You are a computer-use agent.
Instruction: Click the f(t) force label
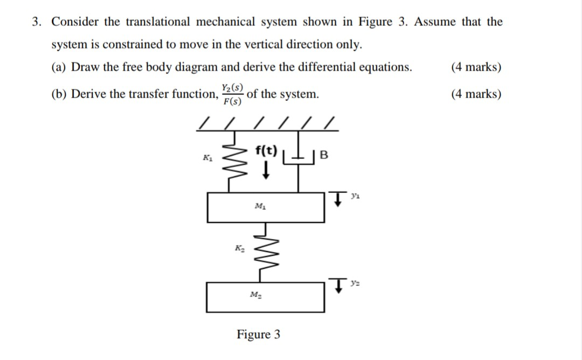tap(266, 150)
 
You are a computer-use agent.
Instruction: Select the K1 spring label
tap(206, 157)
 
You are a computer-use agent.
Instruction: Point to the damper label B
tap(323, 156)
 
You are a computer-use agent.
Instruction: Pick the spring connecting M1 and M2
tap(265, 252)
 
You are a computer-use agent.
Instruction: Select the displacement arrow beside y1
tap(337, 200)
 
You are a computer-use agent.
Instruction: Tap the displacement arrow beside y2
tap(338, 285)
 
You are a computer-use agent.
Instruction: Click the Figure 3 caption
tap(258, 334)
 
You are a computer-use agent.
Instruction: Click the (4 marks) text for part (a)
tap(476, 67)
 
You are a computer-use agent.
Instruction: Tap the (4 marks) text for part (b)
tap(476, 94)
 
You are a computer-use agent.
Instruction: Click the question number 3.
tap(36, 22)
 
